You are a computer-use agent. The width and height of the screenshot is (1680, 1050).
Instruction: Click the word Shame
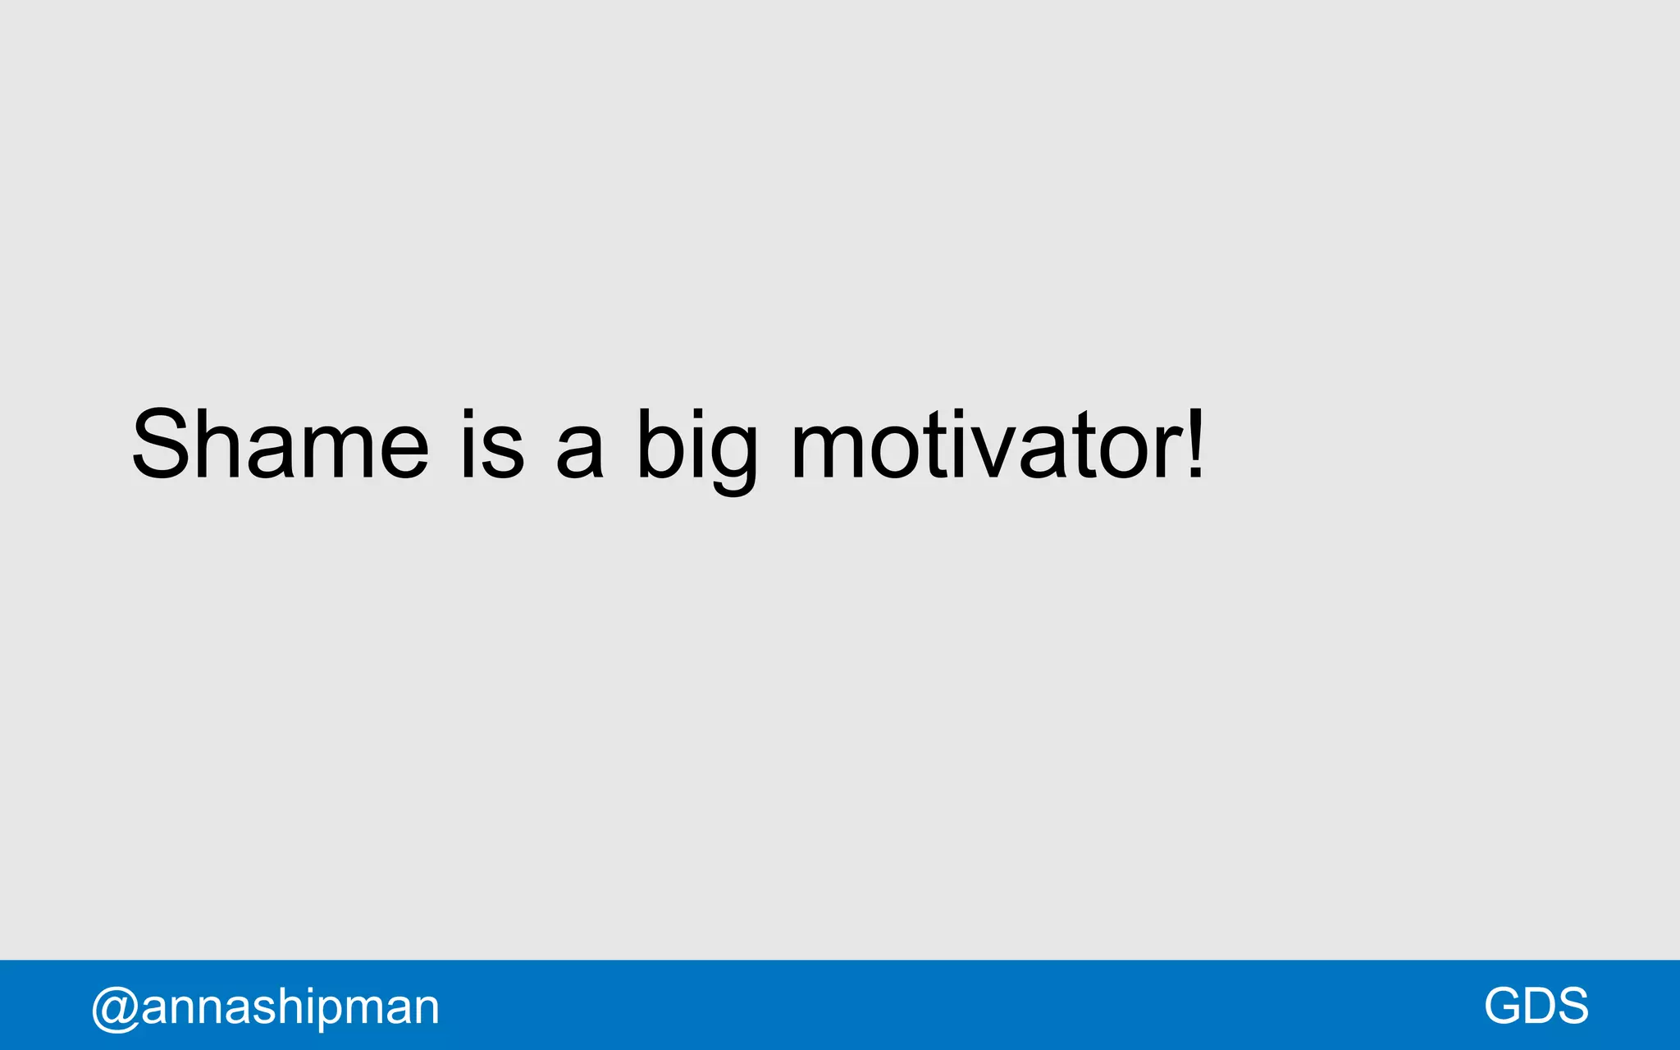(x=280, y=444)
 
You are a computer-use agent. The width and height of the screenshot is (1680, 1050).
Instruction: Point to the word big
(x=697, y=447)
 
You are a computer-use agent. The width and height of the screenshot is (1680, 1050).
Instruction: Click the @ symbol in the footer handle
(x=115, y=1008)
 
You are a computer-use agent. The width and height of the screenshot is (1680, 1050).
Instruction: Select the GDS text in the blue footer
(x=1536, y=1006)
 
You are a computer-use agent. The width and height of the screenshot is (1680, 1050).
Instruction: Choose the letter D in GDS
(x=1541, y=1006)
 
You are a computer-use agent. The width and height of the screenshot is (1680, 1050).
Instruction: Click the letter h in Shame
(x=220, y=444)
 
